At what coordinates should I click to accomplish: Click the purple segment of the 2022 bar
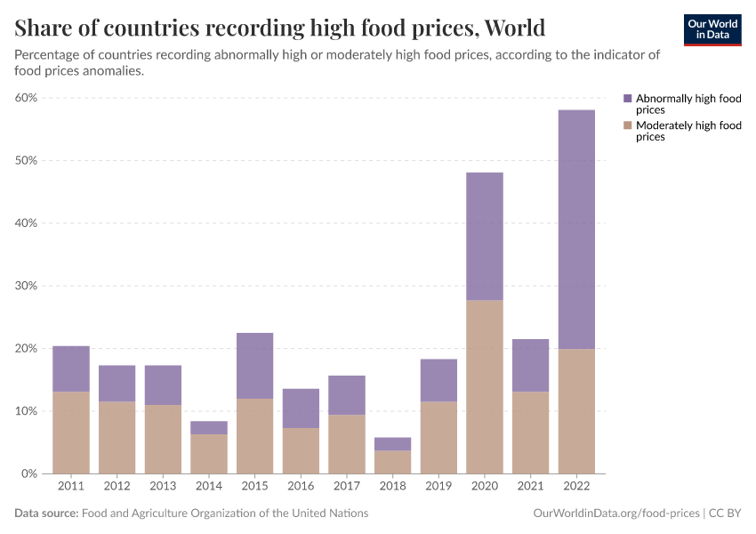pyautogui.click(x=576, y=229)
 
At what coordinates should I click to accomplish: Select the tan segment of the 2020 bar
pyautogui.click(x=485, y=386)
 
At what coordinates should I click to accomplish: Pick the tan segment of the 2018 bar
pyautogui.click(x=393, y=462)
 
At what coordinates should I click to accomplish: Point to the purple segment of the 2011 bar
pyautogui.click(x=71, y=368)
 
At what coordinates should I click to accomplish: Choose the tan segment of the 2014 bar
pyautogui.click(x=209, y=454)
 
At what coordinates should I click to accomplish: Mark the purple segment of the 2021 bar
pyautogui.click(x=530, y=365)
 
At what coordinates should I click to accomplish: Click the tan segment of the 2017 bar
pyautogui.click(x=347, y=444)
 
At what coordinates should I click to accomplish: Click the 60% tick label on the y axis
pyautogui.click(x=25, y=98)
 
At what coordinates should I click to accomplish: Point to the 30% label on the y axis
pyautogui.click(x=25, y=286)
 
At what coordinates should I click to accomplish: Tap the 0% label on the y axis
pyautogui.click(x=28, y=473)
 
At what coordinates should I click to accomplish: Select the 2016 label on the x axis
pyautogui.click(x=301, y=487)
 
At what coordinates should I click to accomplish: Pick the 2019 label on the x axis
pyautogui.click(x=438, y=487)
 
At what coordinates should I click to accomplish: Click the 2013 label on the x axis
pyautogui.click(x=163, y=487)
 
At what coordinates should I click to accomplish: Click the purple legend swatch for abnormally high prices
pyautogui.click(x=628, y=99)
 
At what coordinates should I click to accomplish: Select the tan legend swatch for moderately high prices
pyautogui.click(x=628, y=125)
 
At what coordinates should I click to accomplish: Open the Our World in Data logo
pyautogui.click(x=712, y=29)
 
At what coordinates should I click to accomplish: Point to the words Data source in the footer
pyautogui.click(x=46, y=514)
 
